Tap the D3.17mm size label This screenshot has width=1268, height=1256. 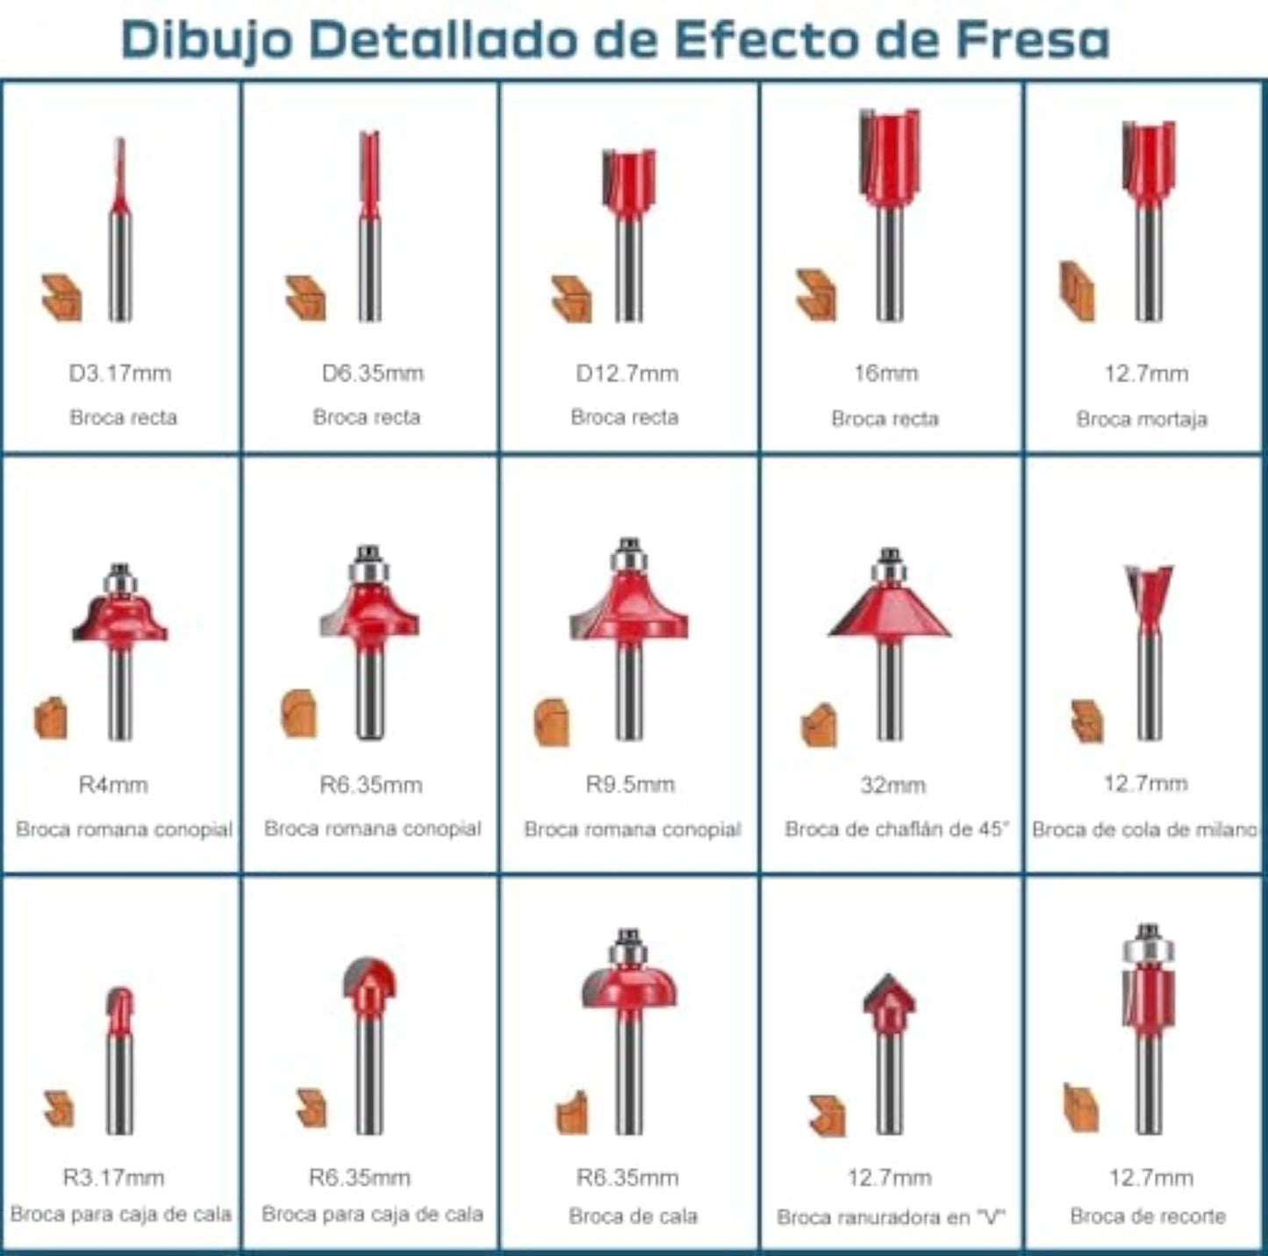click(120, 373)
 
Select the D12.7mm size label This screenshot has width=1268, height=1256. click(627, 373)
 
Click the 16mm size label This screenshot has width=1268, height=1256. click(885, 373)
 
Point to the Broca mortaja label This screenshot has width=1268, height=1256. click(1142, 419)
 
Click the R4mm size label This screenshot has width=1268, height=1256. click(113, 785)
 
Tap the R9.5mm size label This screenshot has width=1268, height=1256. click(630, 784)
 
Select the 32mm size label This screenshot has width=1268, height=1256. click(893, 785)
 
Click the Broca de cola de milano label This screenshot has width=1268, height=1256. click(1144, 829)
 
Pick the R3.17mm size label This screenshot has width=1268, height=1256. click(114, 1176)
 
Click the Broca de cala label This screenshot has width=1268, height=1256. click(633, 1215)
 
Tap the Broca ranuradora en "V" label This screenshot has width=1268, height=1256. click(891, 1217)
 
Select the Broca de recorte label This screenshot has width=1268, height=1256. click(1149, 1215)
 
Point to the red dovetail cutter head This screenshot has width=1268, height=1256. click(1149, 596)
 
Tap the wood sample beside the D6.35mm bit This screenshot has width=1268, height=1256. click(305, 298)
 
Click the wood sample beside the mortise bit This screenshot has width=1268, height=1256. click(1078, 291)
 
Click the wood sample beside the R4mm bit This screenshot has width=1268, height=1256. click(51, 718)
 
